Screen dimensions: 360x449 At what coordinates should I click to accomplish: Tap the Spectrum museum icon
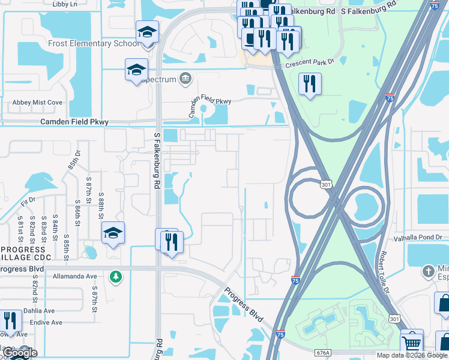click(185, 79)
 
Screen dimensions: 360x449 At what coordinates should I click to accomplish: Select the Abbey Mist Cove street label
click(37, 103)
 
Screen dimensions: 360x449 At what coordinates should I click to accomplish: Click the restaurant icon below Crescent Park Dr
click(310, 84)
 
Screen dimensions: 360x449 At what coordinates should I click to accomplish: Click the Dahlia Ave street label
click(39, 311)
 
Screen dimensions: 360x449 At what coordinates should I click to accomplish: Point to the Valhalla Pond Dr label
click(417, 238)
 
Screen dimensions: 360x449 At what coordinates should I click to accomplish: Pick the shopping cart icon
click(411, 343)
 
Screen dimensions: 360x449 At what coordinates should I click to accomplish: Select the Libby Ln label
click(65, 4)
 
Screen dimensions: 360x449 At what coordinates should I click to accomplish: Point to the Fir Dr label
click(28, 199)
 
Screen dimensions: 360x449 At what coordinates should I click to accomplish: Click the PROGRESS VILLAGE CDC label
click(23, 253)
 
